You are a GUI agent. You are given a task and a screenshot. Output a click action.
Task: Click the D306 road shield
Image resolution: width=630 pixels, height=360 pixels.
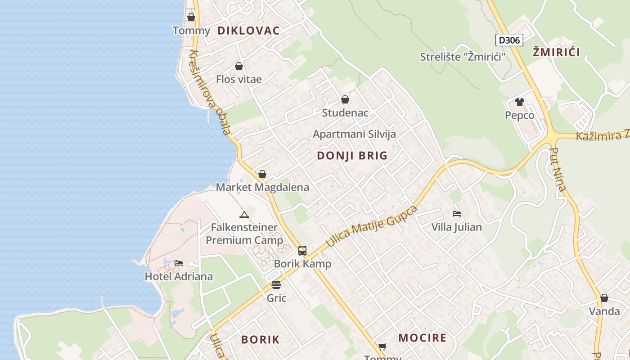[x=509, y=40]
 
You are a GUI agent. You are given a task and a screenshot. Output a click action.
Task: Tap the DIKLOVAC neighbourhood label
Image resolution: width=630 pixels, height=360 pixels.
[x=248, y=31]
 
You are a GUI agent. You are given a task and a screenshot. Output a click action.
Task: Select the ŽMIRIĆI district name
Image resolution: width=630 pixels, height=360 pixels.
[x=556, y=52]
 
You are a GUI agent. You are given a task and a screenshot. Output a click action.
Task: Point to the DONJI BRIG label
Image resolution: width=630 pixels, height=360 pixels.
[x=352, y=156]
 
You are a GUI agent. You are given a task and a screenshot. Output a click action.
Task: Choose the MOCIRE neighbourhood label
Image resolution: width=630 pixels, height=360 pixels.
[x=423, y=338]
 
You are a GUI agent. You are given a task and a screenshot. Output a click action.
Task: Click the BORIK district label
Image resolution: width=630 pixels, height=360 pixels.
[x=260, y=340]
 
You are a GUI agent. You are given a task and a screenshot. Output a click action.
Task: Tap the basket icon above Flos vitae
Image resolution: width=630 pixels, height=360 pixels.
[x=239, y=67]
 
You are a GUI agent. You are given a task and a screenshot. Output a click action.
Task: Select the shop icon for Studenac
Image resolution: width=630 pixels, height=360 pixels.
[x=345, y=99]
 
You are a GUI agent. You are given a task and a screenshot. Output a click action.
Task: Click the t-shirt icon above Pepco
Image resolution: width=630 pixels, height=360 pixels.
[x=520, y=102]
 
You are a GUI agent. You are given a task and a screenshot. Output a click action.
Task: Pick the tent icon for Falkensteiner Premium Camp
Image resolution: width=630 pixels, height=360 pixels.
[x=244, y=215]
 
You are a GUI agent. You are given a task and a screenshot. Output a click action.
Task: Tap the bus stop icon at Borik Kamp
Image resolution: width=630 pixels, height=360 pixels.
[x=302, y=251]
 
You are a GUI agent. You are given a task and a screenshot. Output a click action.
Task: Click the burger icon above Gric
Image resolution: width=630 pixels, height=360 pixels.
[x=276, y=285]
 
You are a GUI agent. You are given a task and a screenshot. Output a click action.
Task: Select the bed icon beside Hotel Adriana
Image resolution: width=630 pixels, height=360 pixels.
[x=179, y=263]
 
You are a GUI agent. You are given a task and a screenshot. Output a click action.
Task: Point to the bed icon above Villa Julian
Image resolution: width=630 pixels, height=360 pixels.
[x=457, y=214]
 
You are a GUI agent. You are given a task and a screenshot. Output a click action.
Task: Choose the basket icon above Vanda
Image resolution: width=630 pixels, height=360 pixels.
[x=604, y=298]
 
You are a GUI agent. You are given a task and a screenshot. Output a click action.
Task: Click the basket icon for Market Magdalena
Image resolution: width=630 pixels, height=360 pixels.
[x=262, y=174]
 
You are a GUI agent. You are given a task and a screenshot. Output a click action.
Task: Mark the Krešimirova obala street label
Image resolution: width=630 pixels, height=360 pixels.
[x=210, y=93]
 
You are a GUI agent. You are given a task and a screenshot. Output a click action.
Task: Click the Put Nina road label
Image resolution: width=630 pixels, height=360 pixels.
[x=558, y=170]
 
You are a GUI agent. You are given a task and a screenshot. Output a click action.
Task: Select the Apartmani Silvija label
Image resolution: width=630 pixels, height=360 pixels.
[x=354, y=134]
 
